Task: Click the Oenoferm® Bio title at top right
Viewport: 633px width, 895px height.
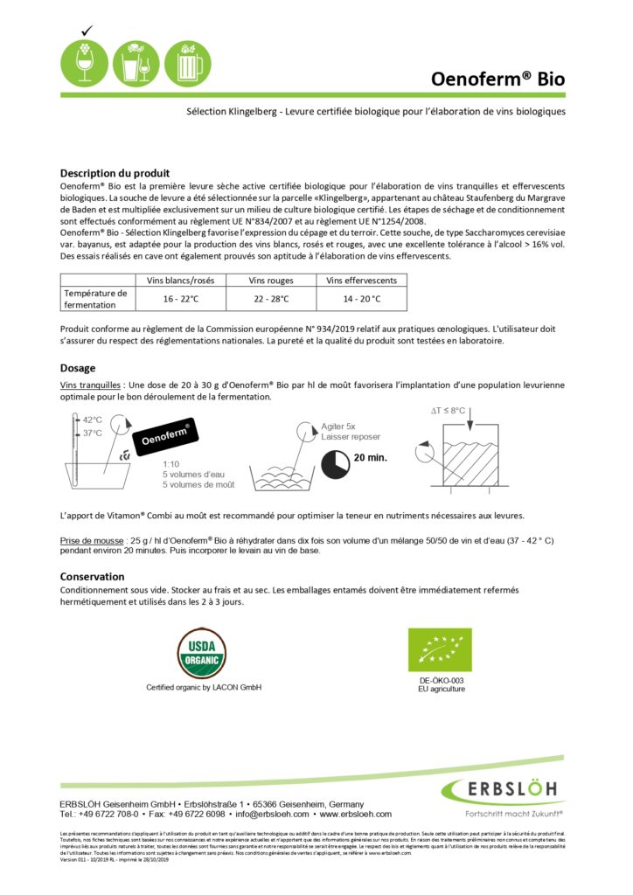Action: (497, 80)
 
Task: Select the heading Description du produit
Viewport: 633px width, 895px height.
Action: (115, 173)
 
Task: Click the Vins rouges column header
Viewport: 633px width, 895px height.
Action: (269, 281)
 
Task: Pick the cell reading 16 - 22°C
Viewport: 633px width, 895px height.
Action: (182, 299)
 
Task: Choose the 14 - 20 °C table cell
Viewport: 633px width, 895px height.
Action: (361, 299)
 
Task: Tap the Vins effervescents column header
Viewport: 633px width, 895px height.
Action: (361, 281)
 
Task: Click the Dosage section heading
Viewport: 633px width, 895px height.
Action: (78, 368)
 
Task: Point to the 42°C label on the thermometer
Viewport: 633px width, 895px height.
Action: (93, 420)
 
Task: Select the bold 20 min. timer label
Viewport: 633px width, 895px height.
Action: (371, 457)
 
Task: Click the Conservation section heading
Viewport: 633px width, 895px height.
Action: (92, 577)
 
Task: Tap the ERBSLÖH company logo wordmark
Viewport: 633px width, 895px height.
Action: (511, 791)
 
